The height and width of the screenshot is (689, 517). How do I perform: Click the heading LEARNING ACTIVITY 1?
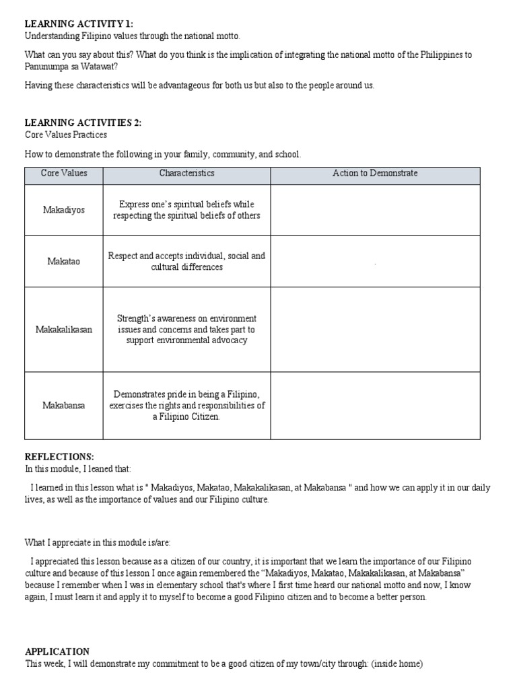tap(79, 24)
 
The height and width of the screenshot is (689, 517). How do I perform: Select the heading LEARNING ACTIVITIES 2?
tap(83, 122)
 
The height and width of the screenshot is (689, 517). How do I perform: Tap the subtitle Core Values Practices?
tap(66, 135)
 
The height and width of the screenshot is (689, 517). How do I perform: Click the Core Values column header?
tap(64, 174)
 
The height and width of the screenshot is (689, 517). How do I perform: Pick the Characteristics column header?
tap(186, 174)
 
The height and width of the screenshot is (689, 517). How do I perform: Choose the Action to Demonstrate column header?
tap(375, 174)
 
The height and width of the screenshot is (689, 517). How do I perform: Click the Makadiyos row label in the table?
tap(64, 210)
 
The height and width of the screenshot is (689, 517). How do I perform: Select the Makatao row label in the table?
tap(64, 261)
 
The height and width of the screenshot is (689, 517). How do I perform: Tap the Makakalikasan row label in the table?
tap(64, 330)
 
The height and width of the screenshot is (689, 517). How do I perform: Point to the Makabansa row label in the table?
tap(64, 406)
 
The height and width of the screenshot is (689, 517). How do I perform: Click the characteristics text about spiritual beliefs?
tap(186, 210)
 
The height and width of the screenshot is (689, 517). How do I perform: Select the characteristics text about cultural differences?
tap(186, 261)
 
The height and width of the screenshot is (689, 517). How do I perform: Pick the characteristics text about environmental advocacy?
tap(186, 330)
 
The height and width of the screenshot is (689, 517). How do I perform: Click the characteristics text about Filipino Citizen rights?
tap(186, 406)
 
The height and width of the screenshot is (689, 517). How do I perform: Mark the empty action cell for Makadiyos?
tap(375, 210)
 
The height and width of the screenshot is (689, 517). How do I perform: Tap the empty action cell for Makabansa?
tap(375, 406)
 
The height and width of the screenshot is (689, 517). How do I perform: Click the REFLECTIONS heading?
tap(59, 456)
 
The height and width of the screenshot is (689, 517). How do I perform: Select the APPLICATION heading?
tap(57, 651)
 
